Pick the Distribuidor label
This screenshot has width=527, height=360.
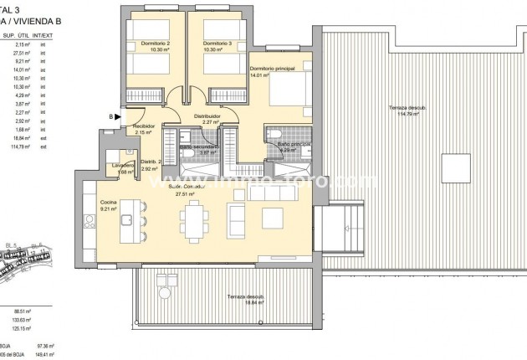pos(207,116)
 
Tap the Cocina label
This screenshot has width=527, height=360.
pos(108,202)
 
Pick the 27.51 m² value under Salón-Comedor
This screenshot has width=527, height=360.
pos(183,193)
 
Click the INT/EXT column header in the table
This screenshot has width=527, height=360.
pos(53,35)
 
